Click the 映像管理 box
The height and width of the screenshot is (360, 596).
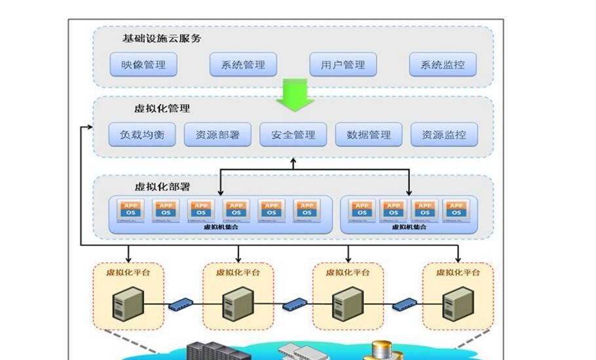pos(143,65)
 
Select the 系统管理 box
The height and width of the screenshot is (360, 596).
pos(243,65)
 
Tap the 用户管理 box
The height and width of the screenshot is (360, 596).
pos(343,65)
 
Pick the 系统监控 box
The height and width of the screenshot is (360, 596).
pos(443,65)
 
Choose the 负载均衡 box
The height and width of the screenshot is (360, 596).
pos(143,135)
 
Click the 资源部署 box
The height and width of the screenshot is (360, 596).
pos(217,135)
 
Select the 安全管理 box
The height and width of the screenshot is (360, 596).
pos(293,135)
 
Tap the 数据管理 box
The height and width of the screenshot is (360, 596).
pos(368,135)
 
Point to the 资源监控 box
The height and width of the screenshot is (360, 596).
pos(443,135)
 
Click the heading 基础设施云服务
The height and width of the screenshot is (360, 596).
pos(162,38)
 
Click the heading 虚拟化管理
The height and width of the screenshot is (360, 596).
pos(162,109)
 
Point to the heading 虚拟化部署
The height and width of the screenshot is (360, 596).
pos(162,187)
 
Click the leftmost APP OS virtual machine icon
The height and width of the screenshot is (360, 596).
pos(130,209)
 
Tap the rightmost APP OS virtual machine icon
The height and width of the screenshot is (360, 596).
pos(456,209)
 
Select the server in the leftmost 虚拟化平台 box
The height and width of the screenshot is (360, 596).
pos(126,303)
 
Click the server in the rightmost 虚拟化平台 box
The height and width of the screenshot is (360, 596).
pos(456,303)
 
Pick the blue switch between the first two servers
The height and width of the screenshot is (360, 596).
pos(181,304)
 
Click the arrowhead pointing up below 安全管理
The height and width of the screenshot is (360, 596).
pos(293,161)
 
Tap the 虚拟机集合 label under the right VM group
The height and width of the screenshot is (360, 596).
pos(409,227)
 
